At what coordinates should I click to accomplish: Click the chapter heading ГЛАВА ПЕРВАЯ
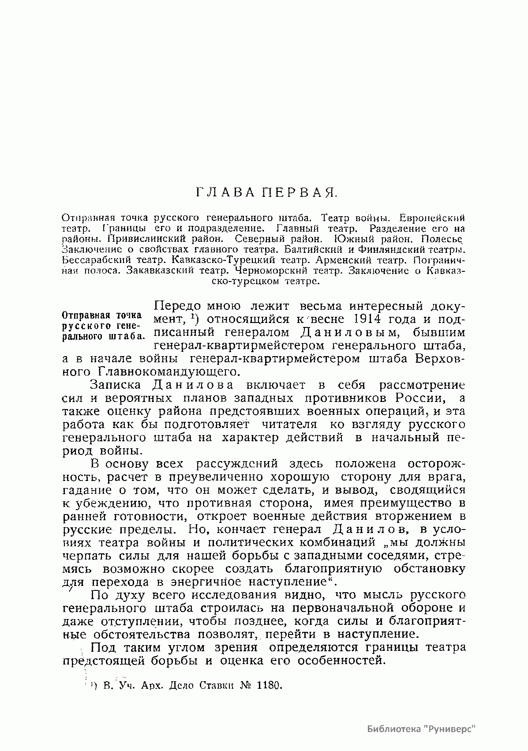(266, 192)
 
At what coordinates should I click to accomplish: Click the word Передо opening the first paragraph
(178, 306)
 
